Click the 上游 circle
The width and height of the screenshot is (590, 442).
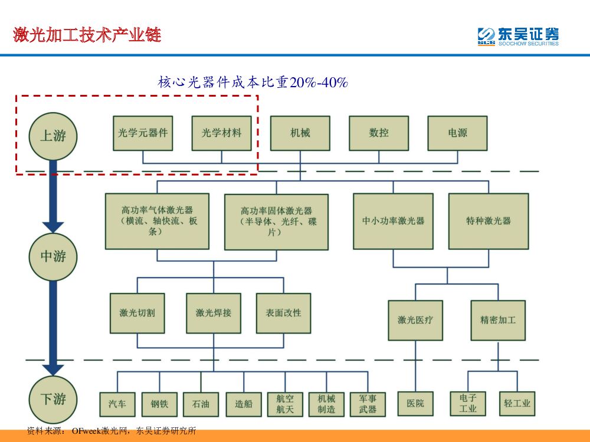click(53, 136)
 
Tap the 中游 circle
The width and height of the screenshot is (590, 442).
click(53, 256)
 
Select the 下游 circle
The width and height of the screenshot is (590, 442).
click(53, 399)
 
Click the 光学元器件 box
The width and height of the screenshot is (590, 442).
click(143, 133)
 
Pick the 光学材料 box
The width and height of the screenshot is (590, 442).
click(222, 133)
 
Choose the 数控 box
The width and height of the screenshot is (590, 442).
click(379, 133)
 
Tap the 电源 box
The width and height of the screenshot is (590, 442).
click(457, 133)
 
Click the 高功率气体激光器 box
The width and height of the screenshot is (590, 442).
click(157, 221)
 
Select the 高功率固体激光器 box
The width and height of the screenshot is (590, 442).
click(276, 222)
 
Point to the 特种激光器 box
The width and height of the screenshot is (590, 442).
click(489, 221)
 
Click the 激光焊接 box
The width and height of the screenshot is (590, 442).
click(214, 313)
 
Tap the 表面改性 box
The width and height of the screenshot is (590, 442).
click(283, 313)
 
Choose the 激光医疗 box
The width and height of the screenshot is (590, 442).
click(415, 320)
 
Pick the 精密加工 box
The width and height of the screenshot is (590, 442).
click(498, 320)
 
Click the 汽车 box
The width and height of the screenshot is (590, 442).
click(117, 404)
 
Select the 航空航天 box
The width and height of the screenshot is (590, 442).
click(285, 404)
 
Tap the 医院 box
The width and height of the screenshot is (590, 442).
click(415, 404)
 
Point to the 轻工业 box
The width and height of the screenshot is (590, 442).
click(517, 404)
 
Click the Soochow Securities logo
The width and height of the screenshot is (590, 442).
click(517, 36)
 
